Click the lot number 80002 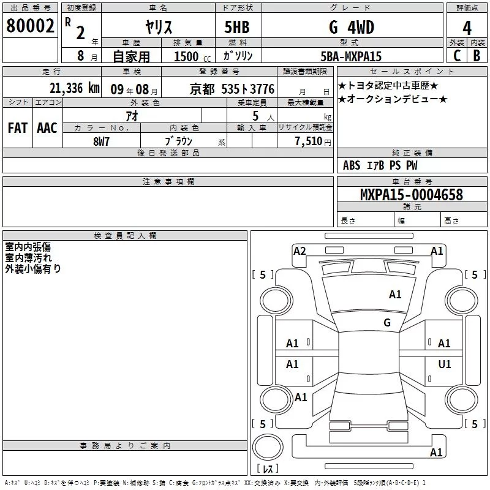(30, 26)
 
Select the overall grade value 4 (467, 28)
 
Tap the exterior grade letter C (457, 56)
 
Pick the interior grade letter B (477, 56)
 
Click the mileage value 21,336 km (74, 88)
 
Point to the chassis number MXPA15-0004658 (412, 194)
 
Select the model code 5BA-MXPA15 (351, 56)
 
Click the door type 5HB (237, 27)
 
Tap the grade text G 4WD (352, 27)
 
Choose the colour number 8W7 (101, 141)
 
